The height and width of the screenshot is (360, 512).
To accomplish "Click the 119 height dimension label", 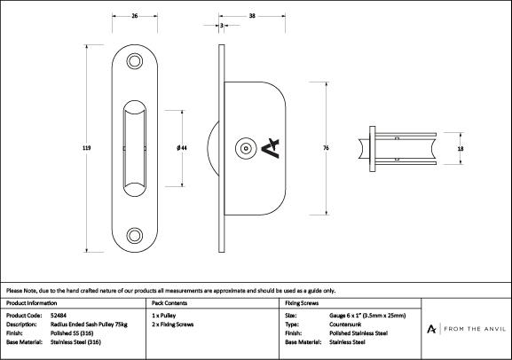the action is (87, 148).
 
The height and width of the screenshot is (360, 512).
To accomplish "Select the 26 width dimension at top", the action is (135, 16).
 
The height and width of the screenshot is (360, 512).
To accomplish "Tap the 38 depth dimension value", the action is (252, 16).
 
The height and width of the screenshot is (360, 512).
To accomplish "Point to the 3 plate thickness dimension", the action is (221, 25).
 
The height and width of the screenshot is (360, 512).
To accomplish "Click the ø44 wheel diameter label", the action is (182, 148).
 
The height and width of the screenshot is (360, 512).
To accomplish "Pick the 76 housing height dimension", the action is (326, 148).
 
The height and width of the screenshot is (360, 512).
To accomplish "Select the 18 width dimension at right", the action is (461, 148).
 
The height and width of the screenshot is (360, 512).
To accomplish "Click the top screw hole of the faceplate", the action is (135, 61).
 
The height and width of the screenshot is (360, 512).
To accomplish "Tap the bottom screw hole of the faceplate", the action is (135, 235).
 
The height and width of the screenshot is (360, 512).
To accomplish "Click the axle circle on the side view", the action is (246, 148).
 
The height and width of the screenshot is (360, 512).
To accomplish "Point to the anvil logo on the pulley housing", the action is (271, 148).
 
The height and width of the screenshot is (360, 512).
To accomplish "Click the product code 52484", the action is (59, 316).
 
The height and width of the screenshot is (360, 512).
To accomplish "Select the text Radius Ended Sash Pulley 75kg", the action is (89, 325).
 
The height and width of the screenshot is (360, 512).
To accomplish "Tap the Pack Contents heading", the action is (169, 303).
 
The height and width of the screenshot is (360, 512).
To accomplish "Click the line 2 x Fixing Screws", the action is (172, 325).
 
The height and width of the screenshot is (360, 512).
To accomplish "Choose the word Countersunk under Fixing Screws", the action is (345, 325).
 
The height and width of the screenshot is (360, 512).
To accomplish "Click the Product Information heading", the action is (31, 303).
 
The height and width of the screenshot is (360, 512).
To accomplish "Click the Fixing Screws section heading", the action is (302, 303).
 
